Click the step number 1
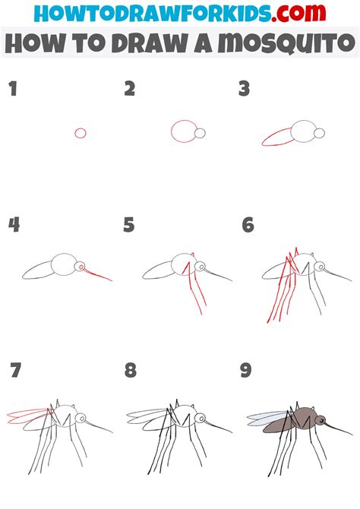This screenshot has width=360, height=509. [12, 90]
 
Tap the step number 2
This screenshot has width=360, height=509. [130, 90]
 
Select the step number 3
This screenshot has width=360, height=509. [244, 90]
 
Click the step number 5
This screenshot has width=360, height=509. [130, 225]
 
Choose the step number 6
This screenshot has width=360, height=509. [248, 225]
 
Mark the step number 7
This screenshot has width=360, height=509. [15, 371]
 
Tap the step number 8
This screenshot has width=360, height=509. [131, 371]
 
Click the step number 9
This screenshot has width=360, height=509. [245, 371]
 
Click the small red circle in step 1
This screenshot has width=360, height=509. [81, 133]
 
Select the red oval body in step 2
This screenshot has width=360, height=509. [183, 131]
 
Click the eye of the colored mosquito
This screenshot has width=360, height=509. [321, 419]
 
